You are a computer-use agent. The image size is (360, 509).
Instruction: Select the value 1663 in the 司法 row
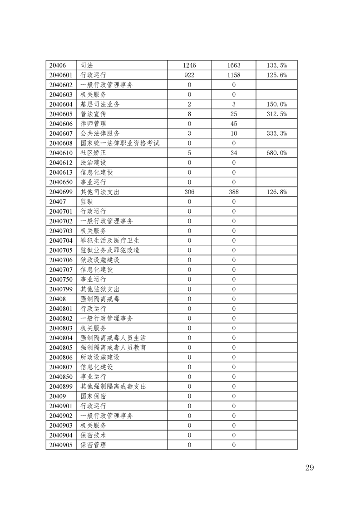click(233, 65)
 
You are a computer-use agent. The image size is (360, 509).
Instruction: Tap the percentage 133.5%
click(276, 65)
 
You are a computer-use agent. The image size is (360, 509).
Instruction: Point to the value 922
click(189, 75)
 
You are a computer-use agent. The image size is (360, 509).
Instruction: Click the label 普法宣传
click(94, 114)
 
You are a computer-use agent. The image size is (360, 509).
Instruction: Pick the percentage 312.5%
click(276, 114)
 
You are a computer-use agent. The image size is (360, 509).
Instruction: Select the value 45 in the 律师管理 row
click(233, 124)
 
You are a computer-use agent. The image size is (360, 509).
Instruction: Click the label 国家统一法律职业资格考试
click(120, 143)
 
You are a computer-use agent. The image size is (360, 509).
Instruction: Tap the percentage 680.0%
click(276, 153)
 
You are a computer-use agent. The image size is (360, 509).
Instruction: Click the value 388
click(233, 192)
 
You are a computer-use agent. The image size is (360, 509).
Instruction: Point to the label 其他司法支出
click(100, 192)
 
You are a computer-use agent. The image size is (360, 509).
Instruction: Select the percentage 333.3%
click(276, 133)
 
